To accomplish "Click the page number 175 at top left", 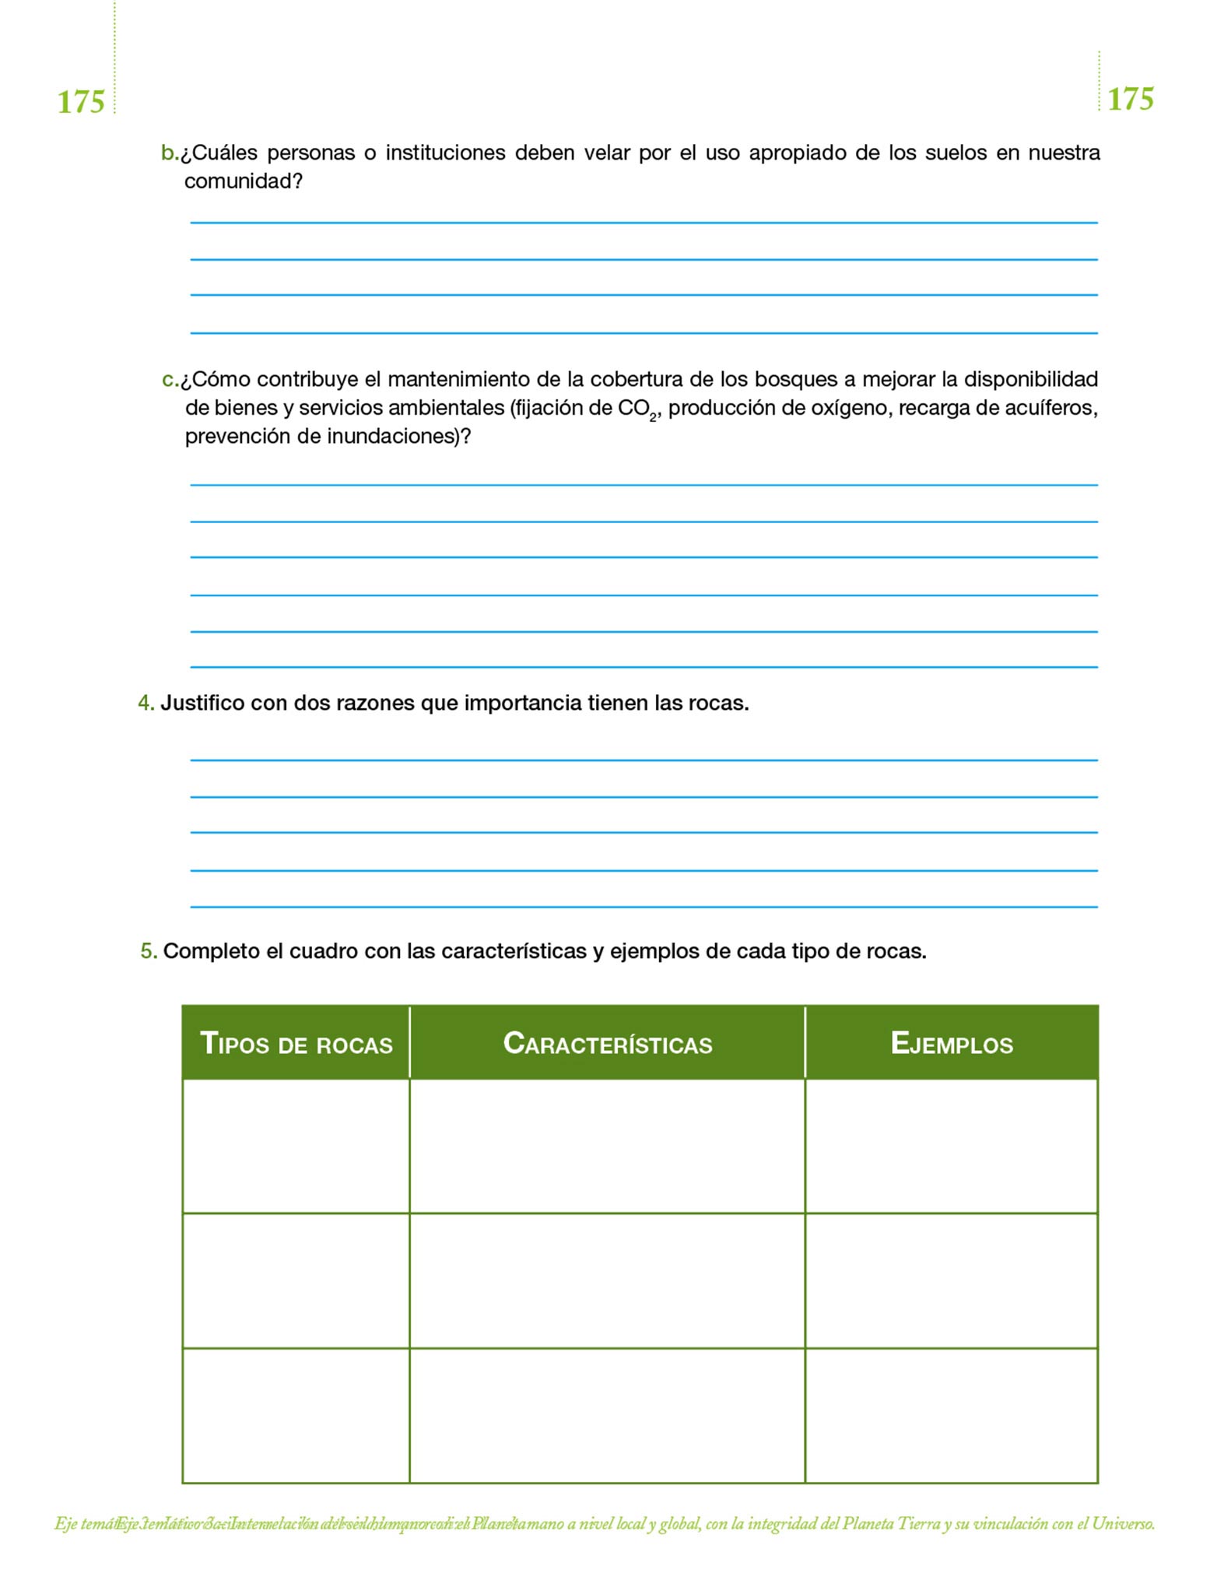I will [x=81, y=102].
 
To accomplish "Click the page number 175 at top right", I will [x=1130, y=99].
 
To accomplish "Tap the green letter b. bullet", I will [x=169, y=153].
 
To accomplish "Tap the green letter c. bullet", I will [x=170, y=380].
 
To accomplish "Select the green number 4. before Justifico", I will [x=146, y=703].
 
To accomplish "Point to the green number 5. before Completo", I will [x=149, y=950].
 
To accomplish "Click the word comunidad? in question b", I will [x=243, y=181].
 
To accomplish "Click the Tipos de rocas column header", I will [x=296, y=1043].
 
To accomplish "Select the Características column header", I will [x=608, y=1043].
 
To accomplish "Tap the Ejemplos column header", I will [x=952, y=1043].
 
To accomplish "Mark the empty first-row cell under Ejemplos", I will [x=952, y=1146].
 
